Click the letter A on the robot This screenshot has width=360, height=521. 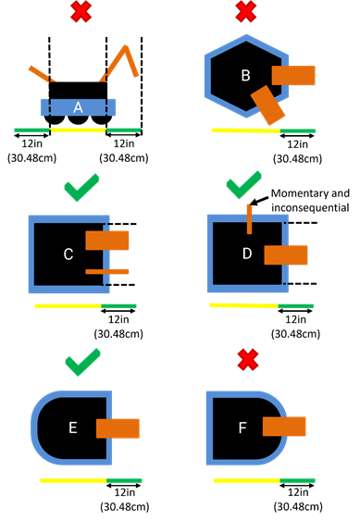click(x=78, y=107)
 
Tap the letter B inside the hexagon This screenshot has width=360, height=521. click(x=245, y=76)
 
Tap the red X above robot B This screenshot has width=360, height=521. click(x=245, y=12)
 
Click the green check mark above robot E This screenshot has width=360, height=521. click(x=82, y=362)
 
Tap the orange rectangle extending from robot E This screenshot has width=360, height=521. click(x=118, y=428)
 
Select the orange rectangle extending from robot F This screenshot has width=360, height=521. click(x=284, y=426)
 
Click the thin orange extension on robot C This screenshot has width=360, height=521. click(x=107, y=271)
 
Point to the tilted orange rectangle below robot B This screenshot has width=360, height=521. click(x=269, y=105)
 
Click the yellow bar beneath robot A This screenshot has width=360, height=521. click(x=78, y=130)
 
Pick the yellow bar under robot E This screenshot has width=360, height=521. click(x=73, y=480)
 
